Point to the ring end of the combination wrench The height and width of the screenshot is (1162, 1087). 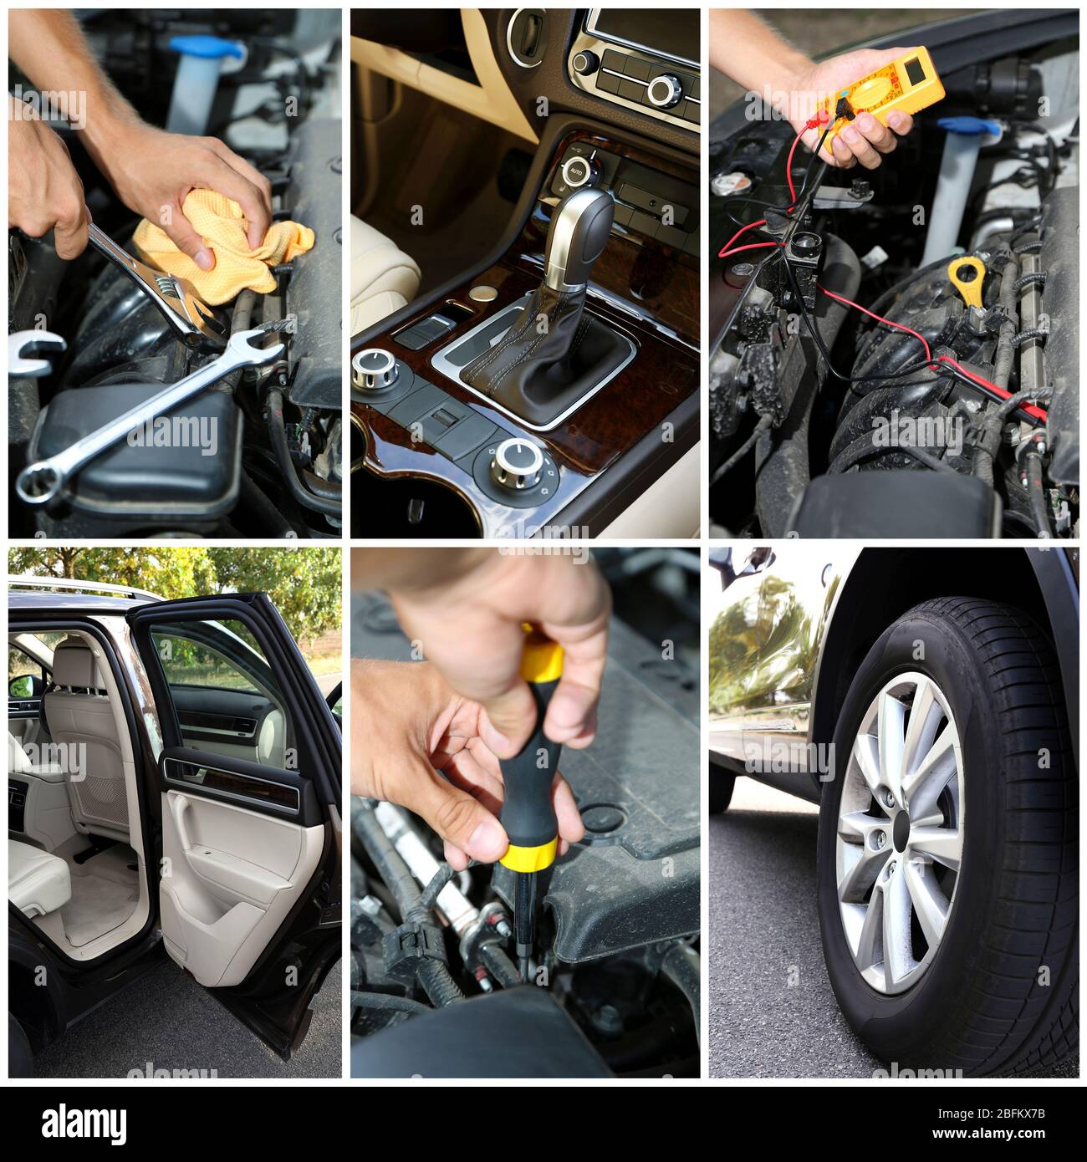click(38, 483)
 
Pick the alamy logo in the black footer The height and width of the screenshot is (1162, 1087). click(84, 1121)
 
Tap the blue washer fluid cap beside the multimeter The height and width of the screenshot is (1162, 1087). click(969, 127)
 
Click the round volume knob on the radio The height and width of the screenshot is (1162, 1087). click(665, 89)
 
